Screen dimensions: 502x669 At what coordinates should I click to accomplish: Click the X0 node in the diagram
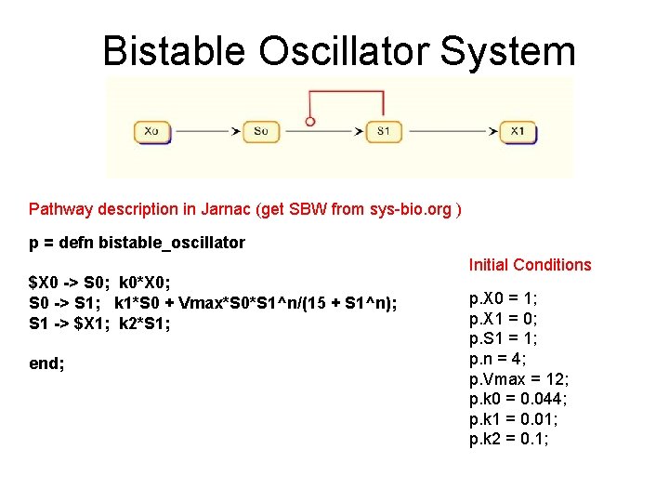point(151,131)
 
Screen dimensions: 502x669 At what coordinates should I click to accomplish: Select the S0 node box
point(261,131)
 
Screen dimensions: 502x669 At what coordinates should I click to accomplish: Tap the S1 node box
point(383,131)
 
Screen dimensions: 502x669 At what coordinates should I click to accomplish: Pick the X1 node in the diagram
point(518,131)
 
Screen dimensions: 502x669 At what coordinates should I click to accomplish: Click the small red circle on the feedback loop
point(310,121)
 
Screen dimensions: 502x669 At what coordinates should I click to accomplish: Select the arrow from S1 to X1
point(451,131)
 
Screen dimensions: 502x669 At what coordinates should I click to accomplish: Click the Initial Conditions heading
point(530,265)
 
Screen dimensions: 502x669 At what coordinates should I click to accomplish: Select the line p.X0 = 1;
point(504,300)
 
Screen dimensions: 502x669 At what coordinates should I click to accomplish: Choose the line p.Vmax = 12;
point(519,379)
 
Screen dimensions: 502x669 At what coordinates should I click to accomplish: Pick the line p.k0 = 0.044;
point(518,399)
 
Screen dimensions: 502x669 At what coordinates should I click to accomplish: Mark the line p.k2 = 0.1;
point(509,438)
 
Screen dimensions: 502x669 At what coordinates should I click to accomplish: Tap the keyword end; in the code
point(47,363)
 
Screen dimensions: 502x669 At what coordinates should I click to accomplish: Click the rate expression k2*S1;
point(144,324)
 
